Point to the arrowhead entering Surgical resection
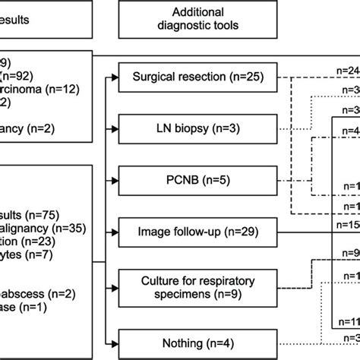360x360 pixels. coord(115,77)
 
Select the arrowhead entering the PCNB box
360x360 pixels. coord(115,180)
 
